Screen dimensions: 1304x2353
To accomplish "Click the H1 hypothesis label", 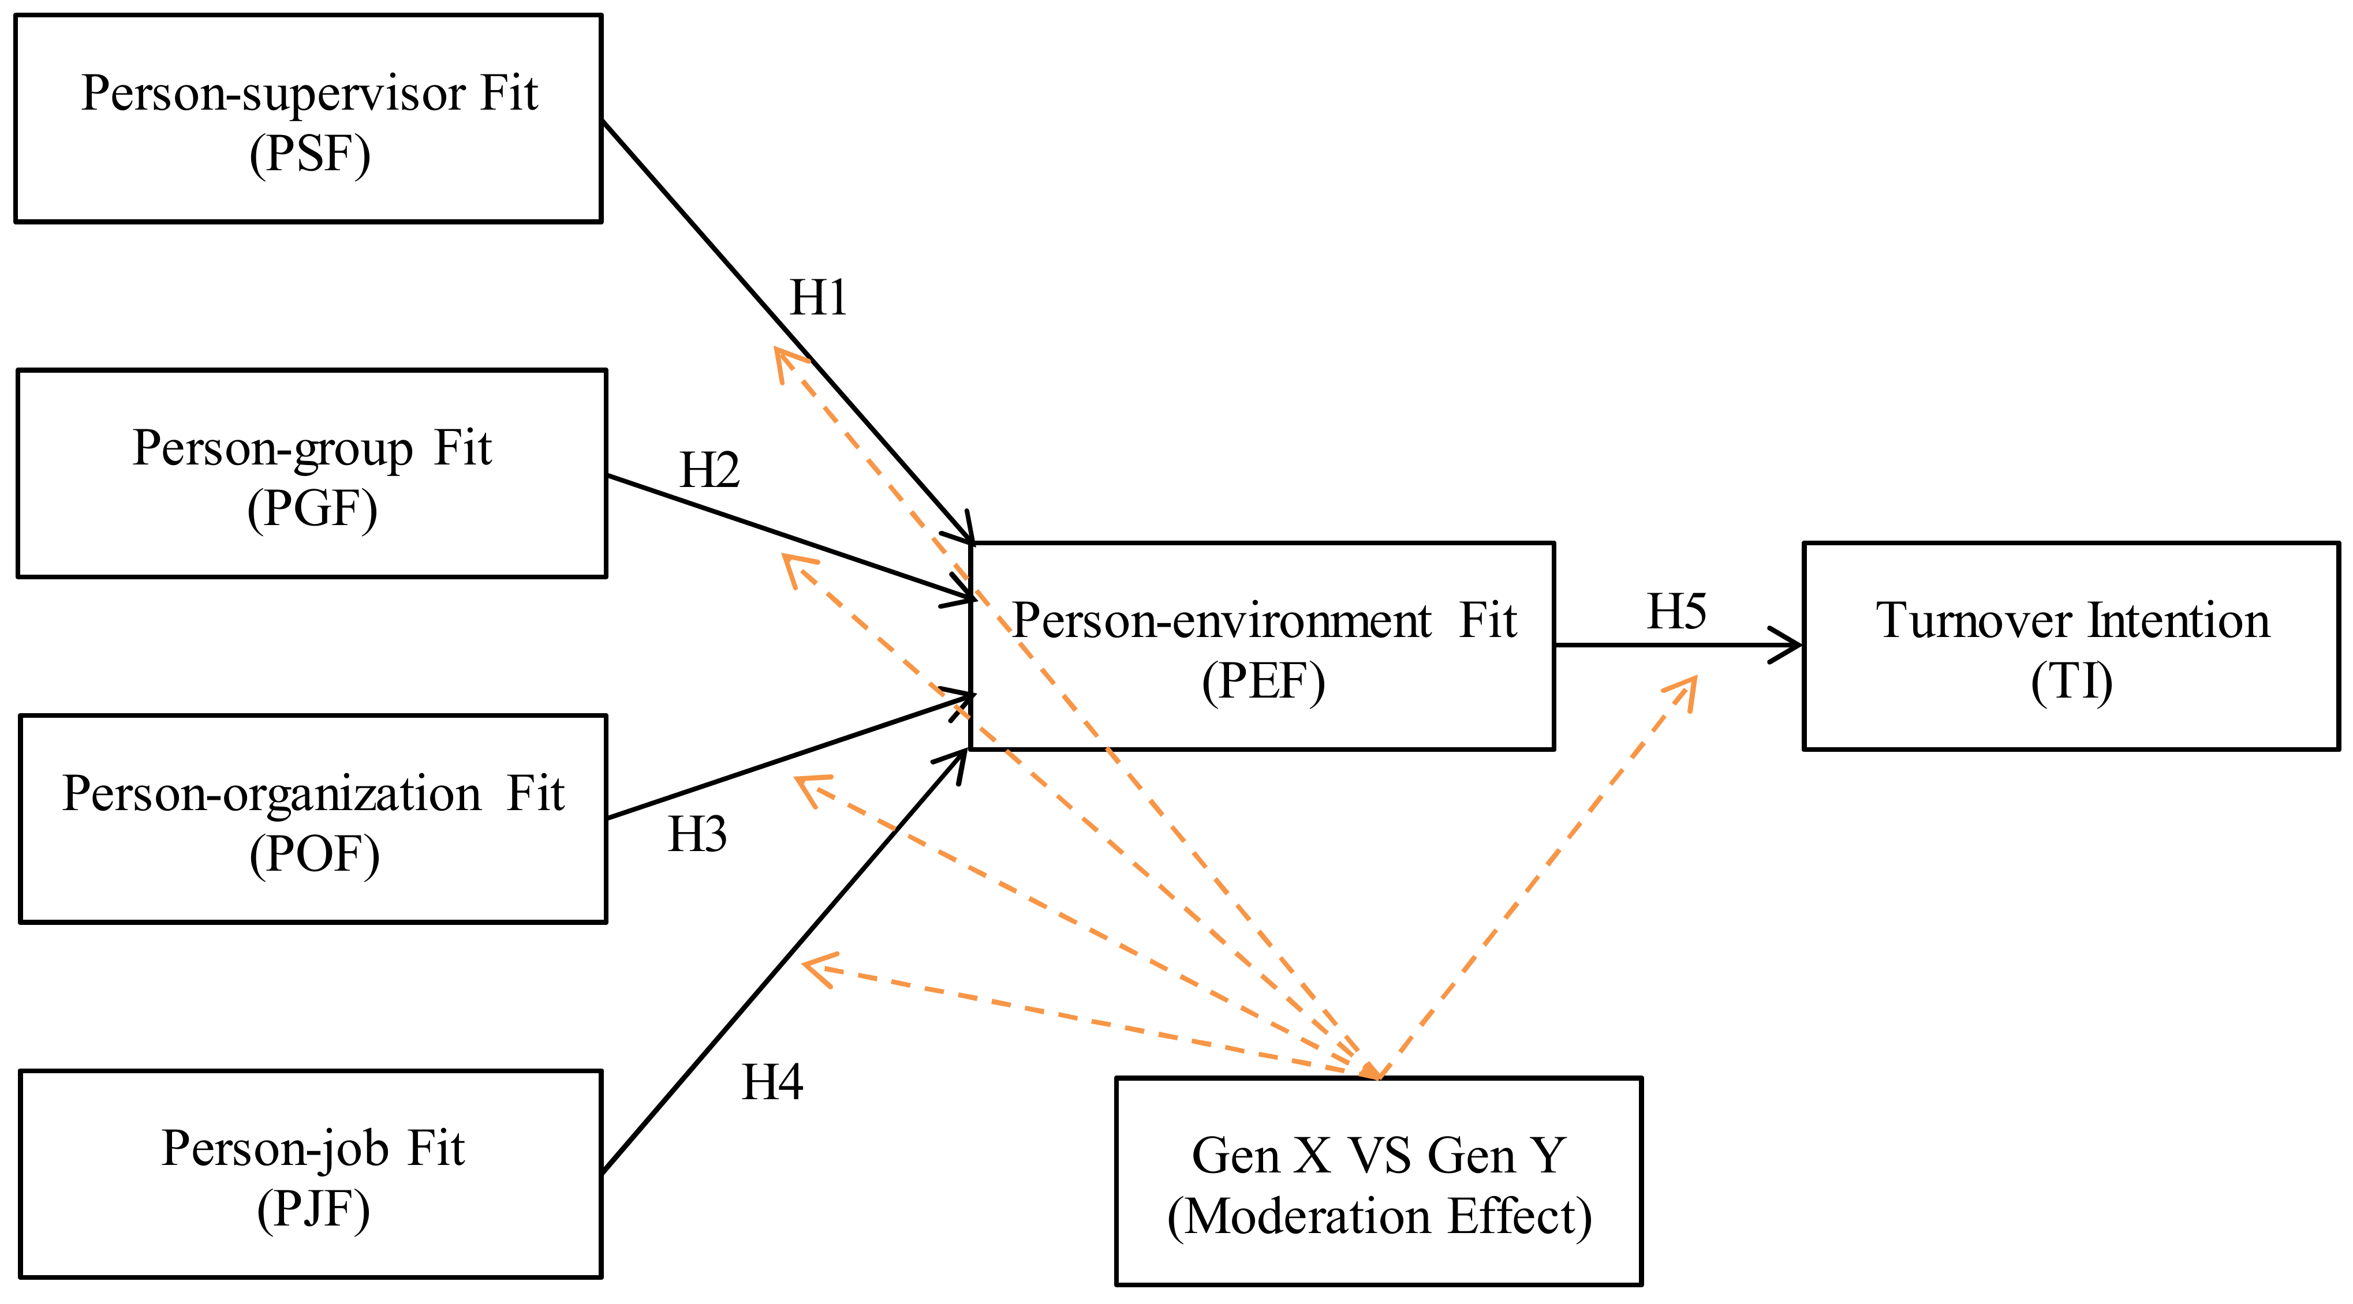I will click(817, 298).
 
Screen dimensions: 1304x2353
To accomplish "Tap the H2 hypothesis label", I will click(709, 471).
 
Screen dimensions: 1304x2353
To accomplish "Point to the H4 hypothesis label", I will click(772, 1083).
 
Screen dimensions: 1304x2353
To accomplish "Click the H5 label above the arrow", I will click(1676, 612).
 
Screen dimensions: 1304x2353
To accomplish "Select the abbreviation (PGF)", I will click(312, 509).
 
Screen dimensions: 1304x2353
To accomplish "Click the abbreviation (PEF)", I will click(1263, 681).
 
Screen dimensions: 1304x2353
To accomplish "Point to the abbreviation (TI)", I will click(2072, 682).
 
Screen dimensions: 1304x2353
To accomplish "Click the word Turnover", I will click(1974, 621).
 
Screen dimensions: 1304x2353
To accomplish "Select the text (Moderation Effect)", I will click(1379, 1217).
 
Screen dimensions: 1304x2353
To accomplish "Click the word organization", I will click(352, 793).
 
